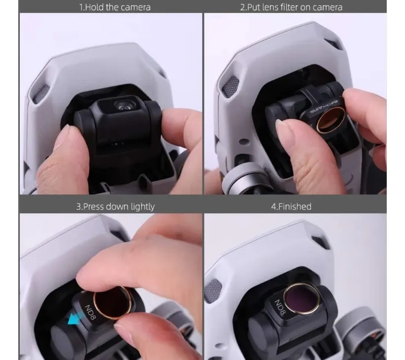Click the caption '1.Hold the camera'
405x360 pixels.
point(114,7)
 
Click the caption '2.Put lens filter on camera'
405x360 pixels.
point(291,7)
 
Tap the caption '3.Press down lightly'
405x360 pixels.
point(115,206)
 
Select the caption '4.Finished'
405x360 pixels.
point(291,206)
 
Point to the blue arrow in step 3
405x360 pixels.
point(75,318)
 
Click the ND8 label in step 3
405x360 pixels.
point(90,312)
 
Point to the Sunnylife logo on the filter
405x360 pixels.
point(324,107)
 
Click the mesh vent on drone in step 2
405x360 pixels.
point(231,86)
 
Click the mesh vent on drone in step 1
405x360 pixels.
point(40,95)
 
